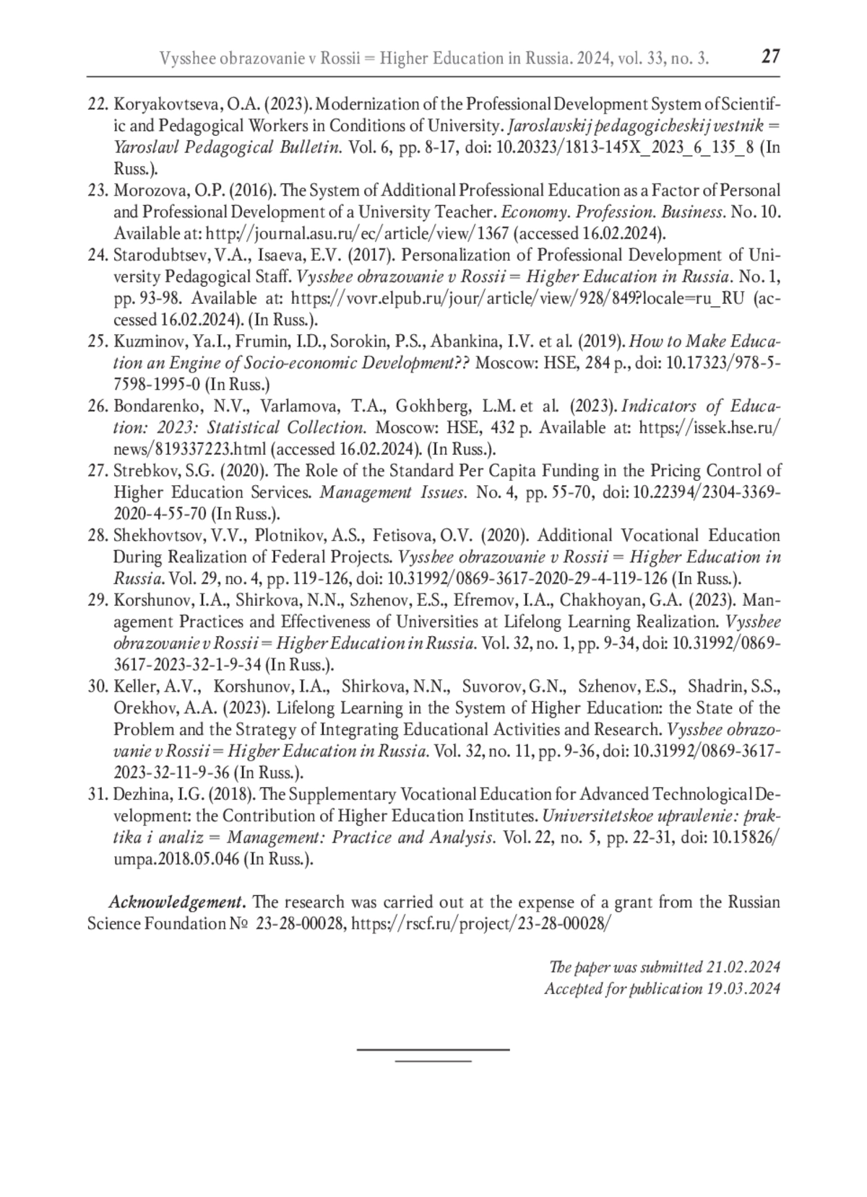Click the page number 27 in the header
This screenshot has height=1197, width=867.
770,56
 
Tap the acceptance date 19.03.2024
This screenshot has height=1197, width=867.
743,989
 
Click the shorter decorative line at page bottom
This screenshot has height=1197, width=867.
433,1061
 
